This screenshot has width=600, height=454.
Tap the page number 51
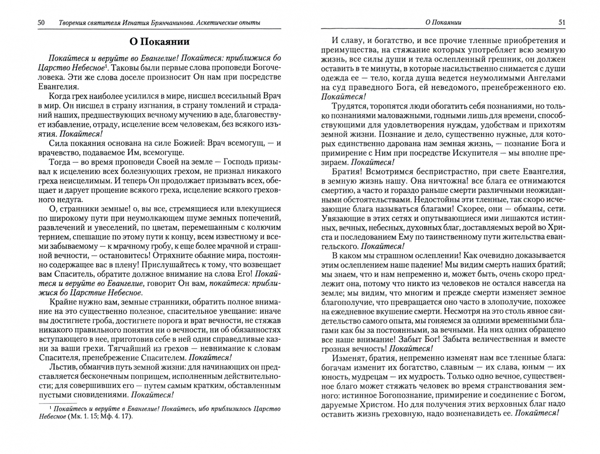pyautogui.click(x=561, y=23)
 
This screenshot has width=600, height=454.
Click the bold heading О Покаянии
pyautogui.click(x=159, y=42)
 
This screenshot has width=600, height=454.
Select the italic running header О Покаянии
pyautogui.click(x=443, y=23)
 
